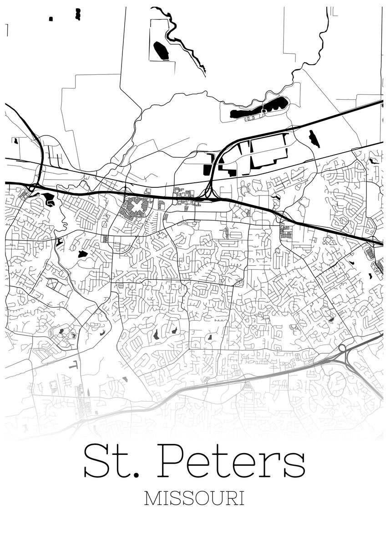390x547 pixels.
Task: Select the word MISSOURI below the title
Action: pos(194,498)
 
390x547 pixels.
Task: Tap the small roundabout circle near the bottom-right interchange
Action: pos(342,348)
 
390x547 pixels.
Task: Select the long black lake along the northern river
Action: pos(259,108)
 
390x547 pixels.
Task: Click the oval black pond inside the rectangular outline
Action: pos(161,50)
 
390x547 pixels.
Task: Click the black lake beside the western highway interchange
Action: pos(48,199)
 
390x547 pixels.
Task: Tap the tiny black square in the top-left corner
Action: pos(51,19)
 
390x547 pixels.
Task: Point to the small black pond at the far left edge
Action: pos(15,141)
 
